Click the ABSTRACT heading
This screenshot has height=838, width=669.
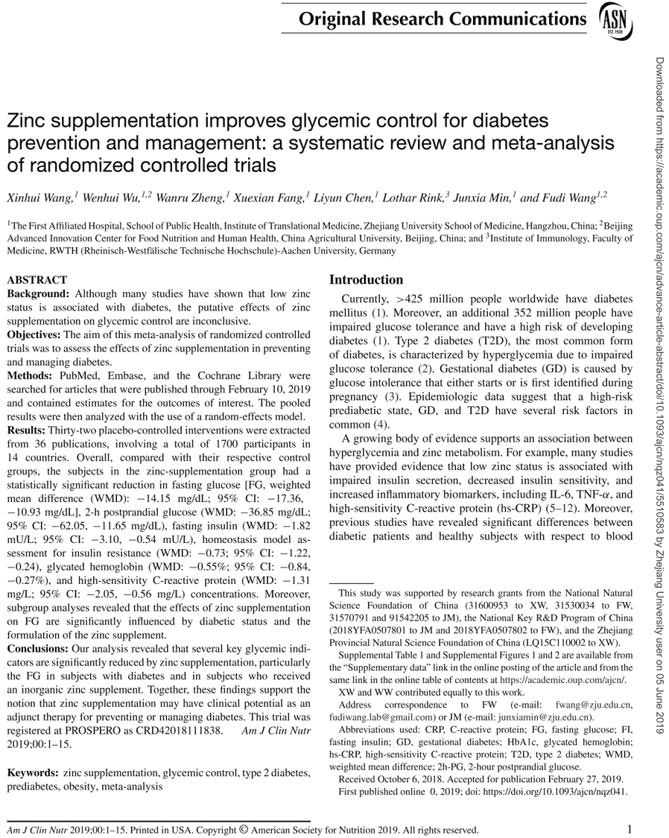coord(37,281)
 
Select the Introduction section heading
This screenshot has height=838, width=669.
coord(366,280)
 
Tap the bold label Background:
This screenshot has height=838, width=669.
coord(39,294)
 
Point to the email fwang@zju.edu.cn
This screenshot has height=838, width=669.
coord(593,705)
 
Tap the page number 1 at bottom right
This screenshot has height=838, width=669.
coord(630,828)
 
